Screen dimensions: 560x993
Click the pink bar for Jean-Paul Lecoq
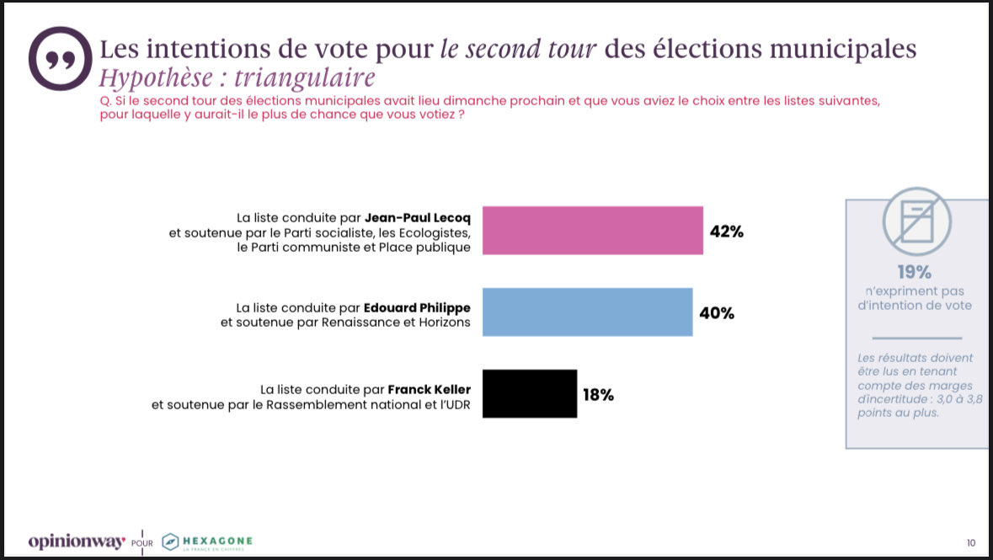pos(592,230)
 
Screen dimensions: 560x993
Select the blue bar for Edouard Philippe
pos(587,312)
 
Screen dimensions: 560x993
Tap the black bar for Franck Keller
pos(530,393)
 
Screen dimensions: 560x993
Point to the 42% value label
pos(726,232)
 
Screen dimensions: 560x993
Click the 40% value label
pos(717,313)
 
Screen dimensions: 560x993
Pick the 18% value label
pos(598,394)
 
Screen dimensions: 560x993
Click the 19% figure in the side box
pos(914,272)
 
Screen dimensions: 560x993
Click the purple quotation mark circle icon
pos(59,58)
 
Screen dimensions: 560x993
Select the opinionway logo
pos(77,540)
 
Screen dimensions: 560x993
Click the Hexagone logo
pos(206,541)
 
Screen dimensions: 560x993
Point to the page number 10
pos(970,541)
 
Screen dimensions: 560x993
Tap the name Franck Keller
pos(428,390)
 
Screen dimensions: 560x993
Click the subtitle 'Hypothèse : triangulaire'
pos(237,78)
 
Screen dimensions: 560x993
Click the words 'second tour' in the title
pos(518,49)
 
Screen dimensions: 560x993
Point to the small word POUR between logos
pos(142,542)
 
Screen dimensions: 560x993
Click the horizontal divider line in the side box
pos(914,337)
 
